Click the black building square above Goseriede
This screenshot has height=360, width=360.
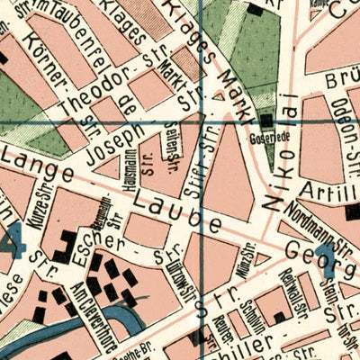(x=267, y=119)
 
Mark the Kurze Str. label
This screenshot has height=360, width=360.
(x=38, y=200)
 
